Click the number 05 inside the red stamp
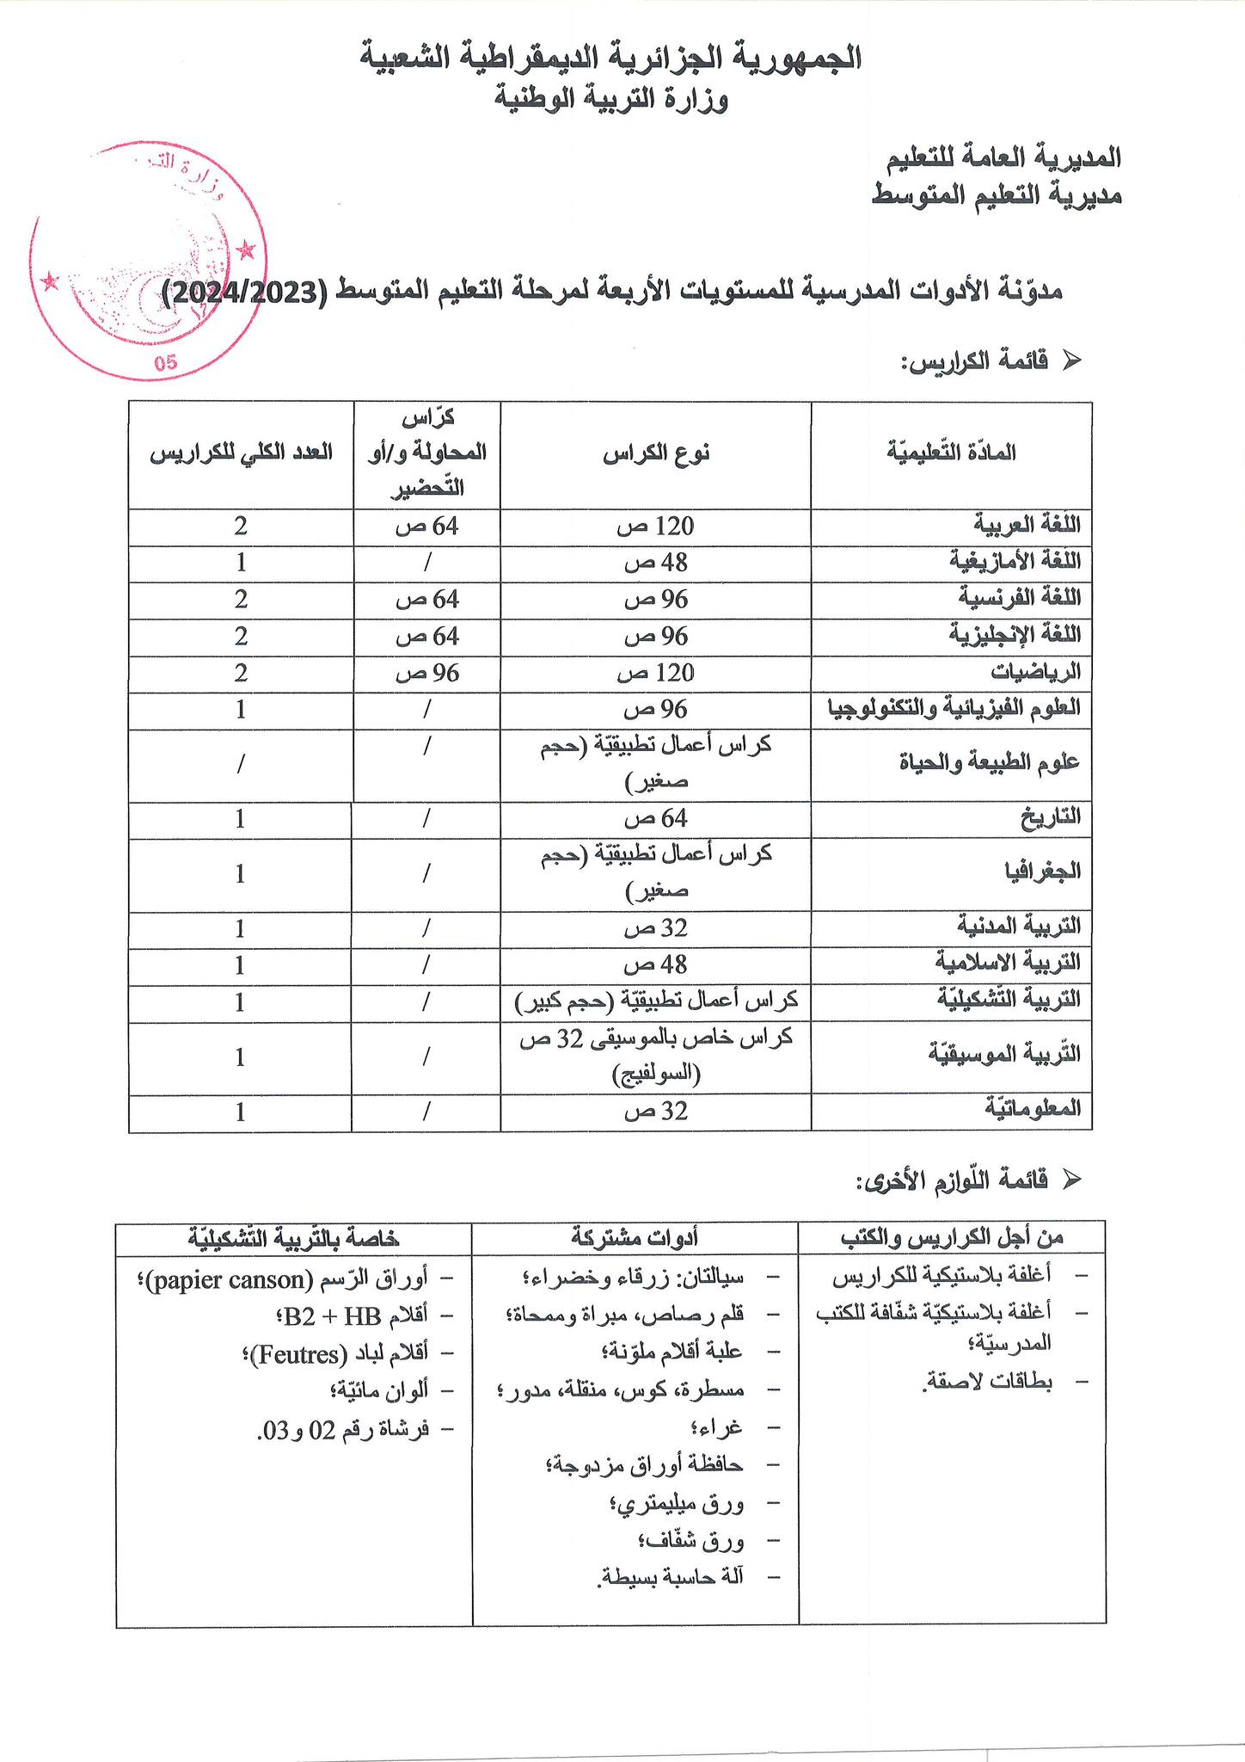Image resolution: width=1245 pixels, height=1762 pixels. (166, 362)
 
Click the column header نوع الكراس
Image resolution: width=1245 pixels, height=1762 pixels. (655, 453)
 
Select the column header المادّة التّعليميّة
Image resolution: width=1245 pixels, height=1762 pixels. (951, 453)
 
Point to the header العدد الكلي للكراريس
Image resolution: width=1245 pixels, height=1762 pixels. (242, 453)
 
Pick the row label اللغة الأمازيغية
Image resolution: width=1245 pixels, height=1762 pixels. (1015, 562)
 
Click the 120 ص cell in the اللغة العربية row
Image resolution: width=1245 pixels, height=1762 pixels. (655, 526)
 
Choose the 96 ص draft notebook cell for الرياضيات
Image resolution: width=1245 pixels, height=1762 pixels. (427, 673)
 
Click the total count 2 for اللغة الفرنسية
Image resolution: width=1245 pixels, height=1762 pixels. (241, 599)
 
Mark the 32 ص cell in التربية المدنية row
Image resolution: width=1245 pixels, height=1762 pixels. (655, 928)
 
